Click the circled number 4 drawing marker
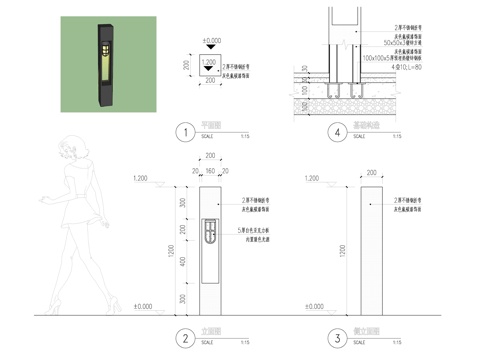click(x=339, y=131)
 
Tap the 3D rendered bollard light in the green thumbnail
click(x=102, y=62)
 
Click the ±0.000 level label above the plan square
click(x=211, y=41)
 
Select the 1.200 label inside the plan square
click(x=208, y=61)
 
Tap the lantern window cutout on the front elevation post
click(x=208, y=232)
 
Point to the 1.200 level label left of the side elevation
click(x=322, y=177)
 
